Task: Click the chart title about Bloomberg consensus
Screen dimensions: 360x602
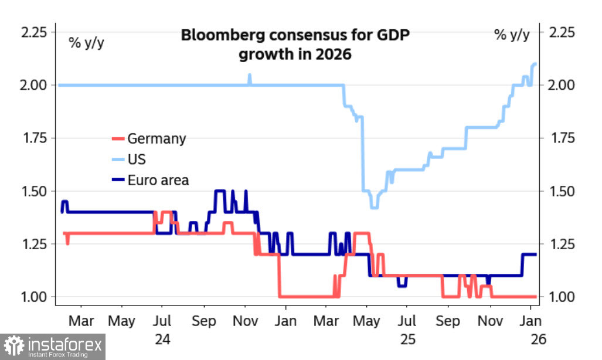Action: (x=295, y=45)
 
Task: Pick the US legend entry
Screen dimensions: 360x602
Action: (x=136, y=159)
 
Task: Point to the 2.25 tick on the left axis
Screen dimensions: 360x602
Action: (x=34, y=32)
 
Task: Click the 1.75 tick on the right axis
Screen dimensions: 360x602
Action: (x=566, y=138)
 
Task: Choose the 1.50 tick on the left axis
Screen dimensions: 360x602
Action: (x=34, y=191)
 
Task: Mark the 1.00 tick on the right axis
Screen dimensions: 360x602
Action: (x=566, y=297)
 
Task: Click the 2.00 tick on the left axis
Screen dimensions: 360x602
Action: (x=34, y=86)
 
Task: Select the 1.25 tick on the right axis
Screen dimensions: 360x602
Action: (x=566, y=244)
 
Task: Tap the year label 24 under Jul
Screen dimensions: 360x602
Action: (x=162, y=339)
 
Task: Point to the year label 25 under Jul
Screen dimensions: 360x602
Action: (x=407, y=339)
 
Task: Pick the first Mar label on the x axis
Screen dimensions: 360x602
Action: (x=81, y=321)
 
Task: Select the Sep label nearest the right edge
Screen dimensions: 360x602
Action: (x=448, y=321)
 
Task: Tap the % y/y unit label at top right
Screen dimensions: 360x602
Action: (x=511, y=35)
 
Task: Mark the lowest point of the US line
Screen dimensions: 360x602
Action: (x=374, y=207)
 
